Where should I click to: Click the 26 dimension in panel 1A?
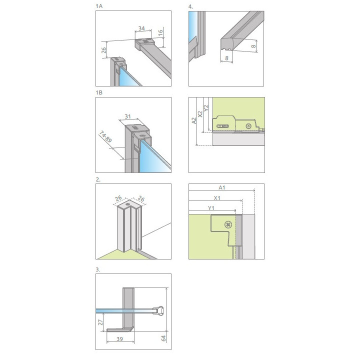(x=102, y=50)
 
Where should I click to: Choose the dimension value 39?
(x=120, y=339)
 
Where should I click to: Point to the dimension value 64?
(x=164, y=338)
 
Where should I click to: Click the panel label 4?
(x=190, y=6)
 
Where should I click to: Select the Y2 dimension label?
(x=206, y=106)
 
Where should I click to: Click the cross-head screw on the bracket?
(x=228, y=224)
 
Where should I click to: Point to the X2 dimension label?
(x=200, y=113)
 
